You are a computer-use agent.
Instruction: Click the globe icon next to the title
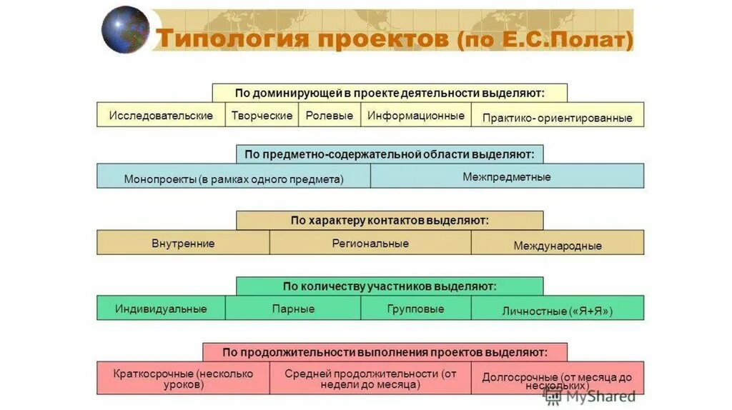pyautogui.click(x=126, y=29)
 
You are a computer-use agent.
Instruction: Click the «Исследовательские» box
pyautogui.click(x=161, y=115)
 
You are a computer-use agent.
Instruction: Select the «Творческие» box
pyautogui.click(x=262, y=115)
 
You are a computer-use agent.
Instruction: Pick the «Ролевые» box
pyautogui.click(x=330, y=115)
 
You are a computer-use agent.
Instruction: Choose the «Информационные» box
pyautogui.click(x=415, y=115)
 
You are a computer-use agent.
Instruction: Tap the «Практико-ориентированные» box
pyautogui.click(x=557, y=116)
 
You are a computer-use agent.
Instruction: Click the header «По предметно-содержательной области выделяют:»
pyautogui.click(x=390, y=154)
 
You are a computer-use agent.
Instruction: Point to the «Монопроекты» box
pyautogui.click(x=234, y=177)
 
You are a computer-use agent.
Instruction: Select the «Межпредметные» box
pyautogui.click(x=507, y=176)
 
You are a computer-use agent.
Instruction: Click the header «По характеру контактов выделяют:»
pyautogui.click(x=390, y=220)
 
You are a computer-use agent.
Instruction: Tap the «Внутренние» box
pyautogui.click(x=183, y=243)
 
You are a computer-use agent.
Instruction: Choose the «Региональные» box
pyautogui.click(x=370, y=243)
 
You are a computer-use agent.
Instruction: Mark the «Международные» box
pyautogui.click(x=557, y=244)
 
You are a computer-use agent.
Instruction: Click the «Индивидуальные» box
pyautogui.click(x=161, y=309)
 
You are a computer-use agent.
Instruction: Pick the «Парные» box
pyautogui.click(x=293, y=309)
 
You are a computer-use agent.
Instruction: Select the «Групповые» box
pyautogui.click(x=415, y=309)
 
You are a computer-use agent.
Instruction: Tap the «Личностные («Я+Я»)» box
pyautogui.click(x=557, y=310)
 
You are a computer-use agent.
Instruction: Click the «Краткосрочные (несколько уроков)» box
pyautogui.click(x=183, y=378)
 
